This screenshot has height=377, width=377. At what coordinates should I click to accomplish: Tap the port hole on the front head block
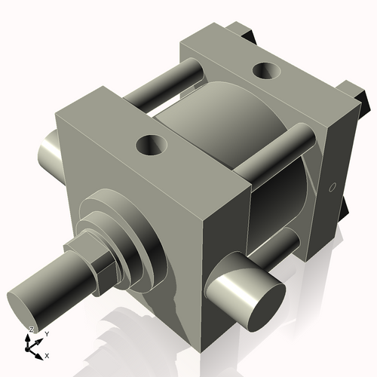(152, 143)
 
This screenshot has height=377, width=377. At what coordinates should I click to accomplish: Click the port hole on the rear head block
(266, 71)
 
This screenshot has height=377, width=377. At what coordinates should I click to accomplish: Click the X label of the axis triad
(48, 354)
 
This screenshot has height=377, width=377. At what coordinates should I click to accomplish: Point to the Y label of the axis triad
(46, 333)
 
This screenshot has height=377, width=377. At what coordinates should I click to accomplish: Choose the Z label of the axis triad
(31, 329)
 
